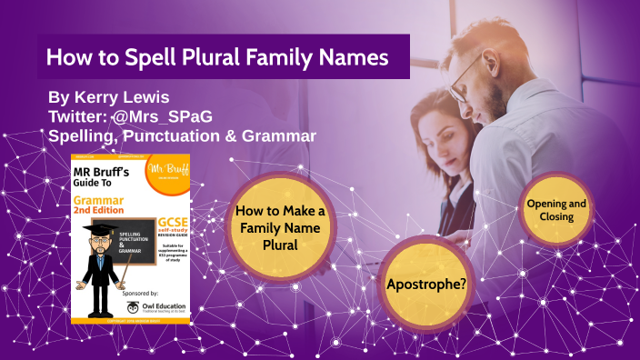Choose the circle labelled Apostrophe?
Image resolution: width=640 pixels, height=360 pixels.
tap(426, 284)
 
